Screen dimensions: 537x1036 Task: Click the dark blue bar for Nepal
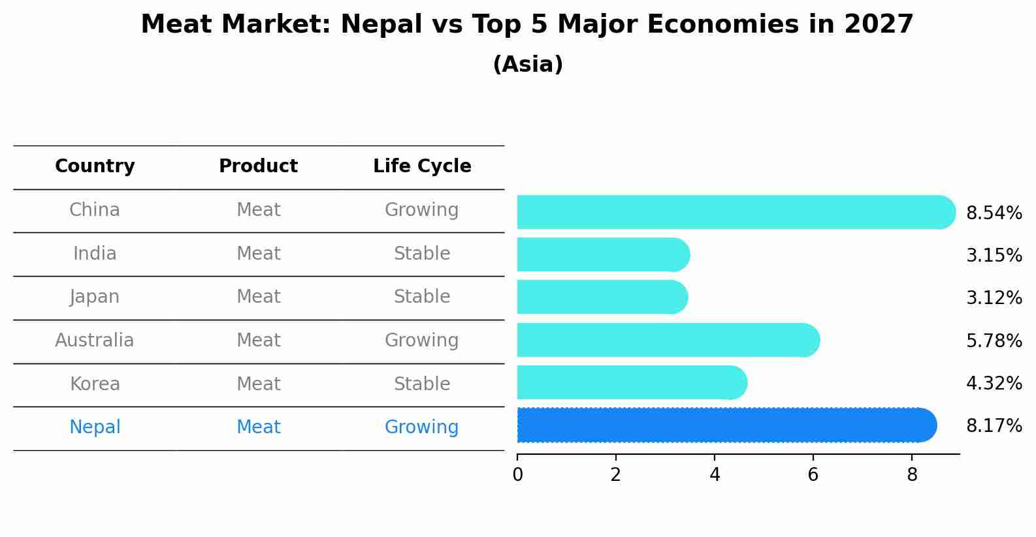(725, 425)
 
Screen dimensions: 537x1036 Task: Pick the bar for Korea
(631, 382)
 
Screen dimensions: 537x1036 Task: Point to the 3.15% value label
(994, 255)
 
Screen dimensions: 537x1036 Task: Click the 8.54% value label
(994, 213)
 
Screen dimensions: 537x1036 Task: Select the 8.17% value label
(994, 426)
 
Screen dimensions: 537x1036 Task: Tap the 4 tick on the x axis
(715, 474)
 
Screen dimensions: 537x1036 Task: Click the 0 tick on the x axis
(517, 474)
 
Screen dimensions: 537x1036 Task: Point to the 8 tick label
(912, 474)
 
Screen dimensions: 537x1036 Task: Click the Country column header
(95, 166)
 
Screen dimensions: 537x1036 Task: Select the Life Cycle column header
(422, 166)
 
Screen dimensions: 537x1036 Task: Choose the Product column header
(258, 166)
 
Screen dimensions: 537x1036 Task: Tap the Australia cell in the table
(95, 340)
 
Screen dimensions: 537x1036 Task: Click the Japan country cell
(95, 297)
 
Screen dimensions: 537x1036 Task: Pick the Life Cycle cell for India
(422, 253)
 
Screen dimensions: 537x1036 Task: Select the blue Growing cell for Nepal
(422, 427)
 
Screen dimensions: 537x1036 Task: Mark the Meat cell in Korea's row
(258, 384)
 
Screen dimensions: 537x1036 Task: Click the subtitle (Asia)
(528, 65)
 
